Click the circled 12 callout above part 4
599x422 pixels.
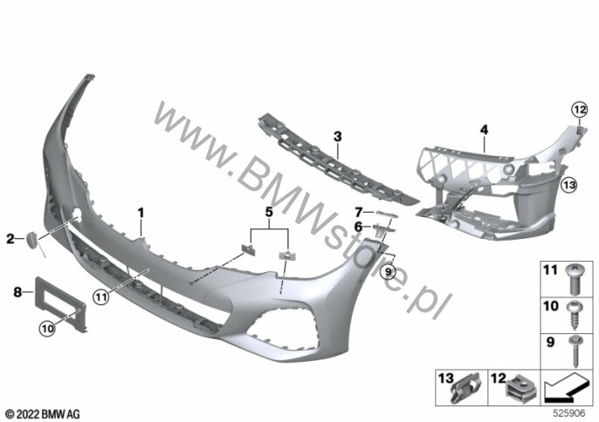click(x=579, y=110)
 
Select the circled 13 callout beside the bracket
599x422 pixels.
click(x=568, y=185)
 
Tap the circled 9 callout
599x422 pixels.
click(x=389, y=272)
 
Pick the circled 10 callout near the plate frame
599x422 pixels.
click(x=47, y=329)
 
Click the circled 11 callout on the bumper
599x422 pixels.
click(x=101, y=296)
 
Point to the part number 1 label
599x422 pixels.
click(x=141, y=213)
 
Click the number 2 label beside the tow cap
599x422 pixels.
click(x=10, y=239)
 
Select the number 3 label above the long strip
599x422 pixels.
click(x=337, y=136)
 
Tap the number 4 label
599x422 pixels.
click(x=484, y=130)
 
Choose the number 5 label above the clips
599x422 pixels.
click(x=269, y=212)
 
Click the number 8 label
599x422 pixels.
click(x=17, y=292)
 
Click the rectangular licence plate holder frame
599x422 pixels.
click(x=61, y=303)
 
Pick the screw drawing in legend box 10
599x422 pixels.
click(x=575, y=317)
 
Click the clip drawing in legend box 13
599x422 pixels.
click(x=467, y=387)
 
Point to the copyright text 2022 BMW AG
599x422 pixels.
click(x=43, y=413)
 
